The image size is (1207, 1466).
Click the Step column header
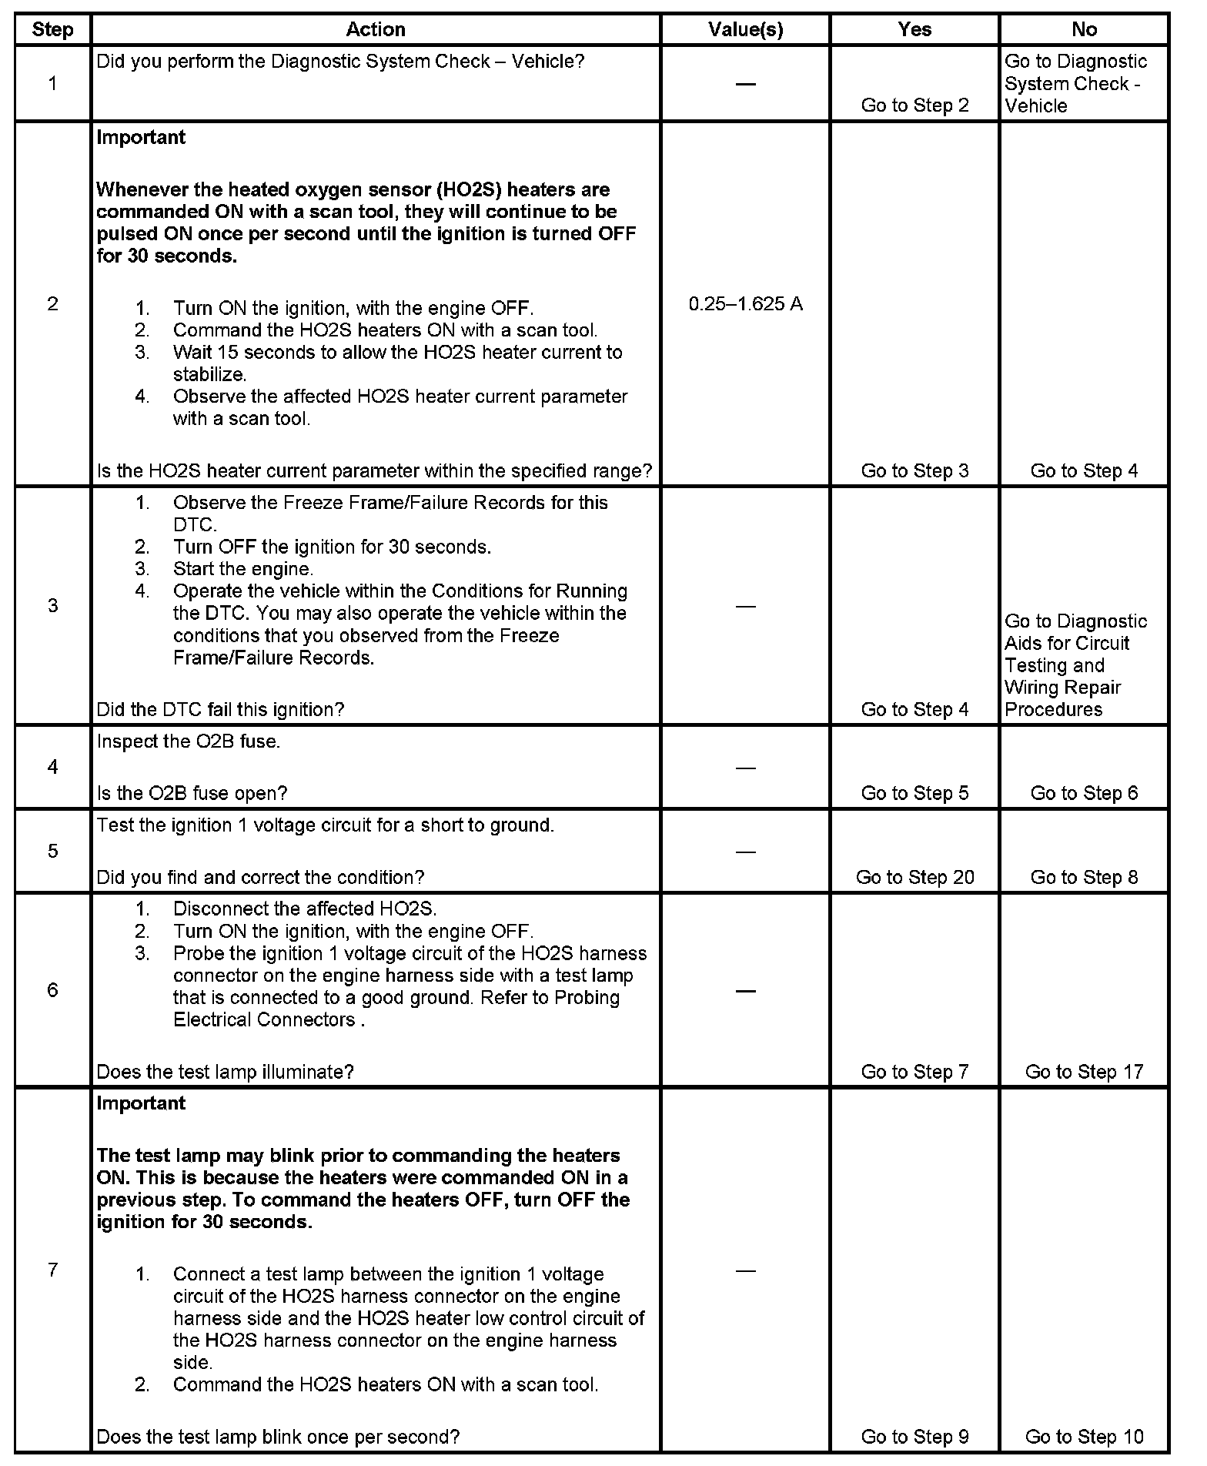tap(52, 29)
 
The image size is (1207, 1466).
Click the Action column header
tap(375, 29)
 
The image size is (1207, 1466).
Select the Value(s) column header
tap(745, 29)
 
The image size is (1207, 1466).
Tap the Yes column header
tap(914, 29)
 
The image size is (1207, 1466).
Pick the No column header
tap(1084, 29)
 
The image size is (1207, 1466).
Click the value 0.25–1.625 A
tap(745, 304)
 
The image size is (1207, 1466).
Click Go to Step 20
tap(914, 877)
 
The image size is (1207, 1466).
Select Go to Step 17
tap(1084, 1071)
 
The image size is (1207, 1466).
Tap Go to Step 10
tap(1084, 1436)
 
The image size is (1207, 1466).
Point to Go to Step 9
tap(914, 1436)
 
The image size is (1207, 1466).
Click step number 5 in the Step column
tap(52, 851)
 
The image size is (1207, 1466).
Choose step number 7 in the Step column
tap(52, 1270)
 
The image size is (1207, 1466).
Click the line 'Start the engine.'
tap(242, 569)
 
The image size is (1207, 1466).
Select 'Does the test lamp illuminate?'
tap(225, 1071)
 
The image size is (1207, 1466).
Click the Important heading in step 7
tap(141, 1103)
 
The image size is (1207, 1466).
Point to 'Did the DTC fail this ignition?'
tap(220, 709)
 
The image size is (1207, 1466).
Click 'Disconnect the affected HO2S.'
tap(304, 909)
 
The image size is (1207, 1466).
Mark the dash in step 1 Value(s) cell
tap(745, 83)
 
